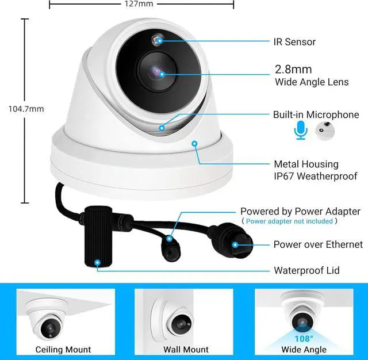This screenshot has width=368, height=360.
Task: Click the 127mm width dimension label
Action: tap(139, 3)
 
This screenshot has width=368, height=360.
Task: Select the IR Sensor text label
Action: tap(294, 42)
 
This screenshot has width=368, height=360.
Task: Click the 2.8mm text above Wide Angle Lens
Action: tap(293, 70)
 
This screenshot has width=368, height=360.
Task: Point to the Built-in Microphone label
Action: tap(316, 115)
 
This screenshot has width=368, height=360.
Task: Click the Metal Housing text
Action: tap(306, 164)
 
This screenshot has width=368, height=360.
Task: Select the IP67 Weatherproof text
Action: tap(315, 177)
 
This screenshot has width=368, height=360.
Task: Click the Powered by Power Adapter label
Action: tap(300, 212)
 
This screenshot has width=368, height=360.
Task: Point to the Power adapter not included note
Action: tap(289, 221)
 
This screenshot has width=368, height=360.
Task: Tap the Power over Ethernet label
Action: tap(318, 245)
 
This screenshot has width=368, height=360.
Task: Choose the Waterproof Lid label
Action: tap(306, 270)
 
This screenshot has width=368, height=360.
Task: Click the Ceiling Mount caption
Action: tap(63, 350)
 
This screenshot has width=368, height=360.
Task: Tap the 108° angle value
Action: tap(304, 339)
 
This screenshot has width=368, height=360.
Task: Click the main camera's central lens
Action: tap(156, 72)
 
